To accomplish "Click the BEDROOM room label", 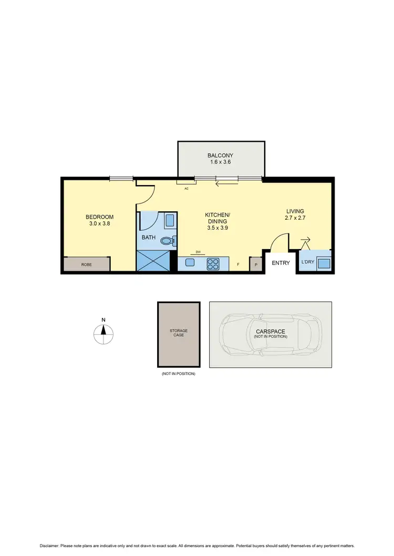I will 99,217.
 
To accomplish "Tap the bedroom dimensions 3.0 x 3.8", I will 99,223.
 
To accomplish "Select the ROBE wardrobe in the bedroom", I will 87,265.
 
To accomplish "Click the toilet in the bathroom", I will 168,241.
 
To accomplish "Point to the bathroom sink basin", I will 170,220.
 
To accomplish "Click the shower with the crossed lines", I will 154,261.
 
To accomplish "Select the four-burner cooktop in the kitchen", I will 213,264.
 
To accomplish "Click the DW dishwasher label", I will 198,252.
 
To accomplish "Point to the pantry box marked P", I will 255,265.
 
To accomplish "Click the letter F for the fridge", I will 238,265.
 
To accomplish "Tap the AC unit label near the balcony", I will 186,188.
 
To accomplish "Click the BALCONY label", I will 220,155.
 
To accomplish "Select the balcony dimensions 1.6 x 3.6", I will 220,162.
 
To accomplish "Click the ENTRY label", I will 280,263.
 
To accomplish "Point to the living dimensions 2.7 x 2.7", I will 295,218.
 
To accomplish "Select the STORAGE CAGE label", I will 179,333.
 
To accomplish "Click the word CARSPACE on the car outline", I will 271,331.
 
